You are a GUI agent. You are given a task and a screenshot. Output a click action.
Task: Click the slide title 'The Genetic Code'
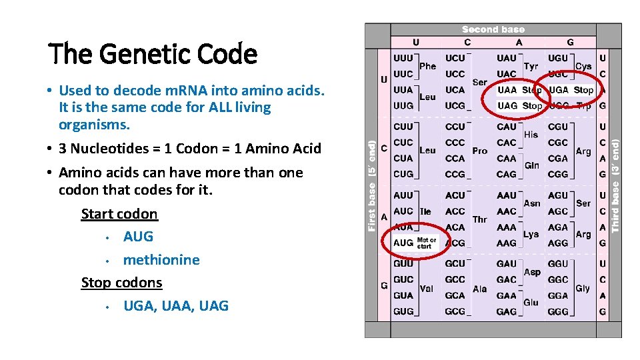point(153,53)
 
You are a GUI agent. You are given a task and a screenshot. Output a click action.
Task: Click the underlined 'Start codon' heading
point(119,214)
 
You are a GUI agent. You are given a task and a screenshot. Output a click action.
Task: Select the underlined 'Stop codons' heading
point(121,283)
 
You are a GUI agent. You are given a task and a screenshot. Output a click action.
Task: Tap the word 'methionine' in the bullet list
point(161,260)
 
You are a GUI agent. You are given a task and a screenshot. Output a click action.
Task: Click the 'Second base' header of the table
point(493,29)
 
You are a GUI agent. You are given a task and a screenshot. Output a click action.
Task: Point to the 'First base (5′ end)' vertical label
point(372,180)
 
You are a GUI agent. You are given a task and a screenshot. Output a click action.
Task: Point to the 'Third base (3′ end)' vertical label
point(615,180)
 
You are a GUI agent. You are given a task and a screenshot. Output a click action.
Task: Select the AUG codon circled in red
point(403,243)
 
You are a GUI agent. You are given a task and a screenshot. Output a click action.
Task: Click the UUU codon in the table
point(403,58)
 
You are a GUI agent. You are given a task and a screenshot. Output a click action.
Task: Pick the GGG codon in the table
point(558,311)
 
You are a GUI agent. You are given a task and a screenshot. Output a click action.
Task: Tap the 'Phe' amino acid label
point(427,66)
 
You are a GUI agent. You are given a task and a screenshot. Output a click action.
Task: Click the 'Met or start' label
point(426,243)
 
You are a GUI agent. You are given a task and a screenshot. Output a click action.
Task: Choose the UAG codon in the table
point(507,106)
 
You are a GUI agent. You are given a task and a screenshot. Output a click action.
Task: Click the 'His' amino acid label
point(531,135)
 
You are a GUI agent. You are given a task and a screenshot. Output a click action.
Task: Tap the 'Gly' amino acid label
point(583,289)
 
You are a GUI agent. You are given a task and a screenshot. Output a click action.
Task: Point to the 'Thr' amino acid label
point(479,219)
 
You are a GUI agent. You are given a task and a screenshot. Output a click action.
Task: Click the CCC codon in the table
point(455,143)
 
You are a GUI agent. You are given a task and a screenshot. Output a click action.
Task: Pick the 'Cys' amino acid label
point(583,66)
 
